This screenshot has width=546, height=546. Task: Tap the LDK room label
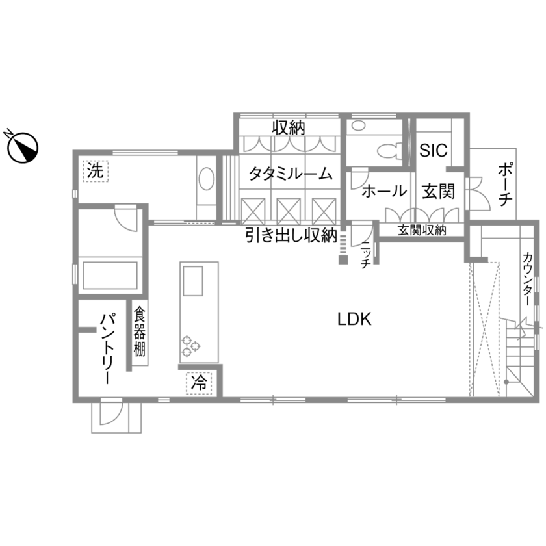pos(354,319)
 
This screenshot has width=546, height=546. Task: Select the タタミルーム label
pos(290,174)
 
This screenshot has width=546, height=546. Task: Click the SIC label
pos(432,151)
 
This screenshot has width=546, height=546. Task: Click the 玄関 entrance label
pos(437,192)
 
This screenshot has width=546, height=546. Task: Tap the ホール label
pos(383,192)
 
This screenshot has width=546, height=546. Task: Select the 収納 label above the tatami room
pos(289,127)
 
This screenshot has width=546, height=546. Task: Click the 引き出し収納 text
pos(290,235)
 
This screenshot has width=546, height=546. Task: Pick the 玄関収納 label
pos(422,230)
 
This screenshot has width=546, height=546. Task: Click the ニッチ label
pos(365,255)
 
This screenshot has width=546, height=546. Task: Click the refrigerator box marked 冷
pos(199,382)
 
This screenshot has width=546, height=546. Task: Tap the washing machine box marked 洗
pos(96,172)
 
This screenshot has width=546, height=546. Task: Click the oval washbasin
pos(206,180)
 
